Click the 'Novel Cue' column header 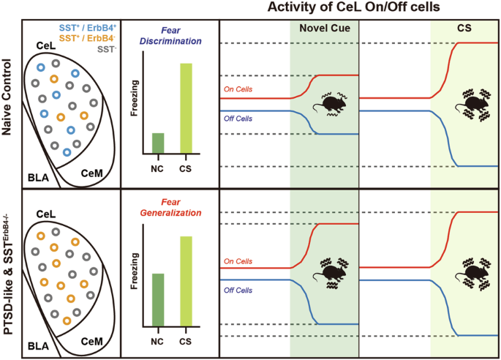pos(324,29)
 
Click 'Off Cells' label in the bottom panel pos(238,290)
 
